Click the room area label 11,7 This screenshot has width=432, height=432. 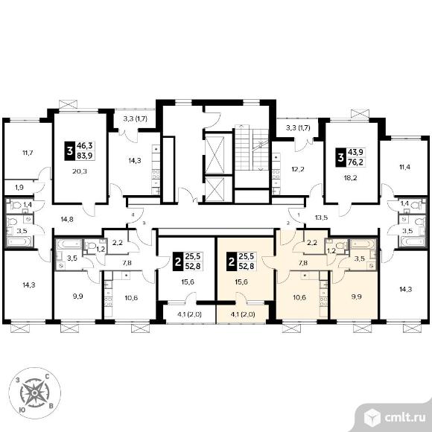click(x=28, y=153)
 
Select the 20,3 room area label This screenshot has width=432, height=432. click(x=80, y=171)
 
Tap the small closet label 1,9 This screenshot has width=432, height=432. click(x=19, y=188)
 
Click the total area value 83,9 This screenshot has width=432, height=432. click(x=85, y=156)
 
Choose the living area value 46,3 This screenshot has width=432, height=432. click(x=85, y=146)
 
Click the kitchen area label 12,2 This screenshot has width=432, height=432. click(x=298, y=169)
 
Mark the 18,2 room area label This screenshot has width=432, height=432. click(x=350, y=178)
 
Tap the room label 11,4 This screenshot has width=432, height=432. click(x=404, y=167)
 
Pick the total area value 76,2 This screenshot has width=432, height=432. click(x=356, y=162)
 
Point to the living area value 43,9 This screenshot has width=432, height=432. click(x=356, y=152)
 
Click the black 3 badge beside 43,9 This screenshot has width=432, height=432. click(x=341, y=157)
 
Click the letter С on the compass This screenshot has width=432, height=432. click(x=47, y=376)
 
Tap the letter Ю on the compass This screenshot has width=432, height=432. click(x=21, y=410)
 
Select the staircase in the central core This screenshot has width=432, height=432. click(x=252, y=148)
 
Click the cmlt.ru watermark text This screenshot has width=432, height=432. click(x=404, y=418)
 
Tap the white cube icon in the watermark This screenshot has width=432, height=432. click(x=372, y=418)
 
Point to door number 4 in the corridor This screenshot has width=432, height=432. click(x=133, y=214)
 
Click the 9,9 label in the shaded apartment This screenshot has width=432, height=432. click(x=356, y=297)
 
